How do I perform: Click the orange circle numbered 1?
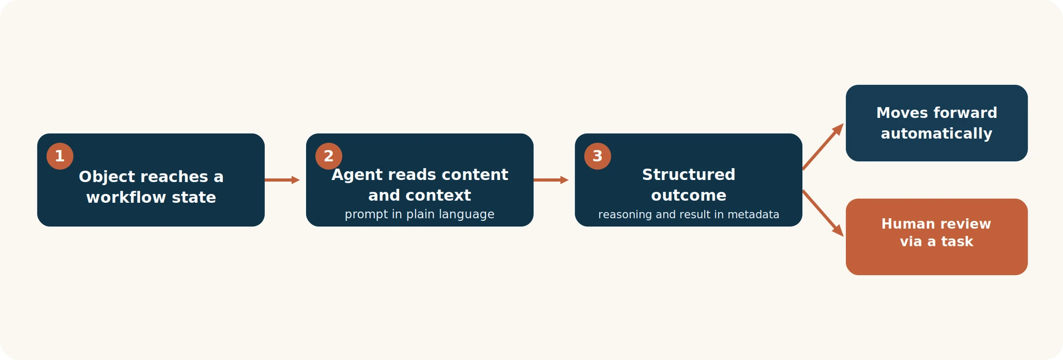click(60, 156)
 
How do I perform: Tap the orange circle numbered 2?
click(329, 156)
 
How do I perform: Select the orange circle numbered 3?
click(597, 156)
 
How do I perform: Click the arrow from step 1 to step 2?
click(282, 180)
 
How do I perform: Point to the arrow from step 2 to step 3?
click(551, 180)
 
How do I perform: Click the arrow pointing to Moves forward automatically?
click(823, 146)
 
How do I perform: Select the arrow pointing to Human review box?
click(823, 213)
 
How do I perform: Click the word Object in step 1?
click(107, 177)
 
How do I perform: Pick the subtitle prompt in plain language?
click(420, 214)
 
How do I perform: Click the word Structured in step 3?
click(689, 174)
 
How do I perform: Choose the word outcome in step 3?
click(689, 196)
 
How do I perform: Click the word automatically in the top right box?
click(937, 134)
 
